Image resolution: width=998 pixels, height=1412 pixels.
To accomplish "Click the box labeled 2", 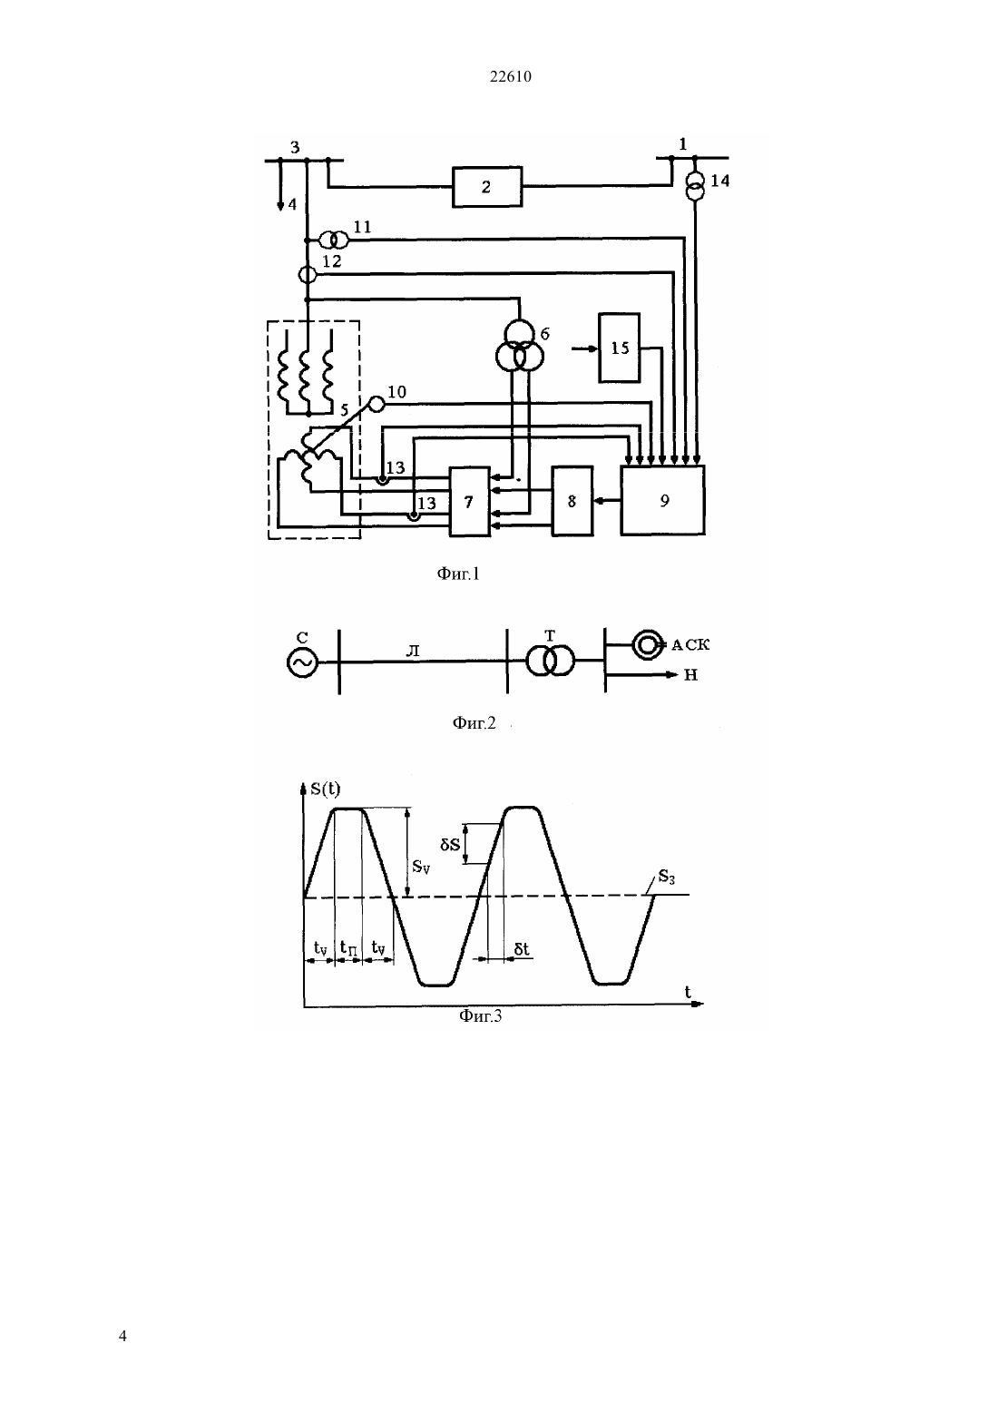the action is click(x=487, y=187).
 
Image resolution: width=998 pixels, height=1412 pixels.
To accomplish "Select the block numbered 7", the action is click(x=469, y=502).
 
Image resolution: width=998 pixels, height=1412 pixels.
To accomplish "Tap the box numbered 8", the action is click(x=572, y=501).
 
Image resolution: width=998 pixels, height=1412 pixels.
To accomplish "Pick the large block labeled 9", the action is click(x=663, y=501).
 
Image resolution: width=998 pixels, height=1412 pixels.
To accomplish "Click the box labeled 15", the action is click(x=620, y=348).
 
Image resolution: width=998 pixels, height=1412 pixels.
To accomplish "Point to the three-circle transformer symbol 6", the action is click(x=519, y=347).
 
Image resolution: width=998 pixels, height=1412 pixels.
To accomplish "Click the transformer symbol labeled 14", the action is click(x=695, y=187).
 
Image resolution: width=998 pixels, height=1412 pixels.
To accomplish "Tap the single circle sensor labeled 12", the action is click(x=307, y=274).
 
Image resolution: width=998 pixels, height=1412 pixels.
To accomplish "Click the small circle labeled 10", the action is click(x=377, y=404).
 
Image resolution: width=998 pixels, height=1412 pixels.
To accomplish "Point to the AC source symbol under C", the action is click(x=302, y=662).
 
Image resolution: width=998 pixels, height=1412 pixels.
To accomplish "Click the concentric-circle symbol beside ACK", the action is click(x=647, y=644).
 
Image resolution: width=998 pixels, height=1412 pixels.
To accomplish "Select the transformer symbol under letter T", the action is click(x=550, y=661).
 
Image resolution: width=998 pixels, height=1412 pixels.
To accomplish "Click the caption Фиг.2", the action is click(x=474, y=722).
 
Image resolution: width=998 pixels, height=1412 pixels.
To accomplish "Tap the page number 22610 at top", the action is click(x=510, y=76).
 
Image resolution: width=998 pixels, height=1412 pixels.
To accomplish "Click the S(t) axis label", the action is click(x=325, y=789).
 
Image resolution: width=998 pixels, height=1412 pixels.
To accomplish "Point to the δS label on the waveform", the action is click(x=450, y=844).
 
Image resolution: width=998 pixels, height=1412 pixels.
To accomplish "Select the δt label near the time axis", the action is click(x=522, y=948).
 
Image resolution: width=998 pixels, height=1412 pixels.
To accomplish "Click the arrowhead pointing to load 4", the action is click(x=279, y=206).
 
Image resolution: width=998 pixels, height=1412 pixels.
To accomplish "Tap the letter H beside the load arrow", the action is click(x=690, y=675).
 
